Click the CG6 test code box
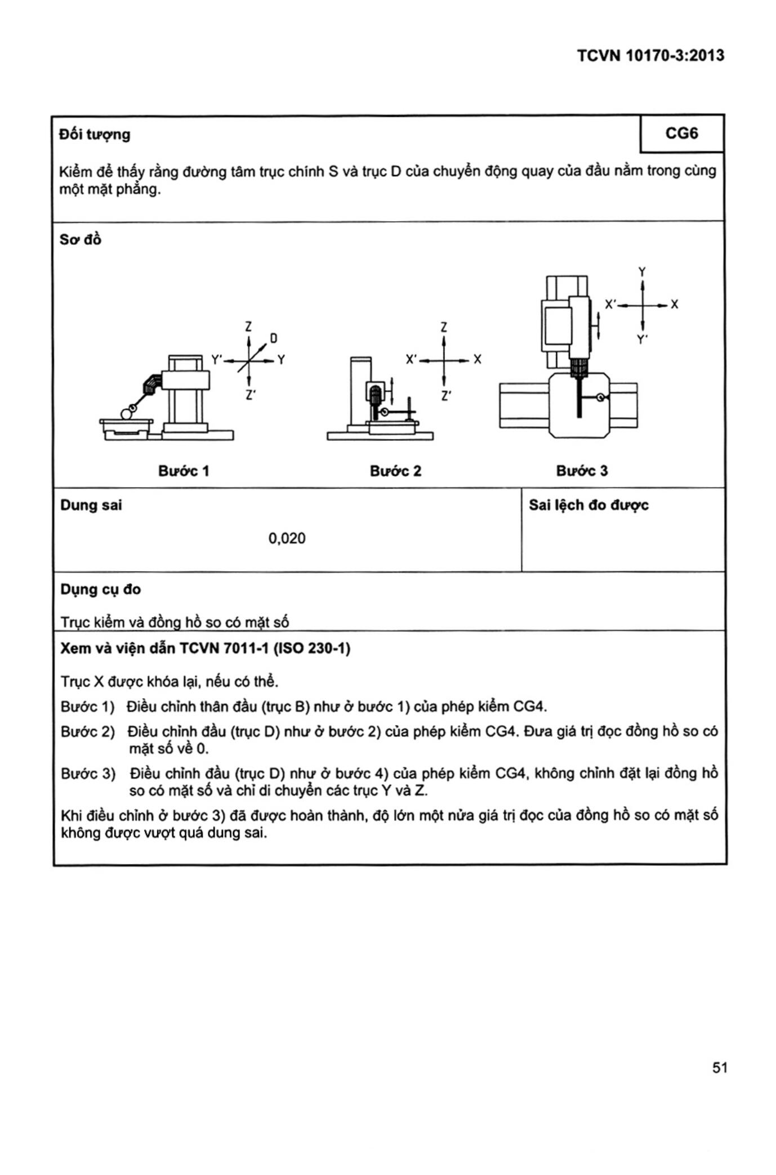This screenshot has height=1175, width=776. tap(681, 133)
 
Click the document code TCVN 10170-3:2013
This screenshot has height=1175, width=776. tap(650, 55)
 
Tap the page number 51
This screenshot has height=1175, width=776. tap(720, 1067)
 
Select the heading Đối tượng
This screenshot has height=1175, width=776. tap(95, 135)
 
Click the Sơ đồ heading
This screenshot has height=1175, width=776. tap(81, 240)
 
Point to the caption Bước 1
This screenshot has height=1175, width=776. tap(184, 471)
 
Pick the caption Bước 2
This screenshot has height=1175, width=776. tap(395, 471)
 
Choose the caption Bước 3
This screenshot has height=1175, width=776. tap(582, 471)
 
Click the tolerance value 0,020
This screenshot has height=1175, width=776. tap(287, 538)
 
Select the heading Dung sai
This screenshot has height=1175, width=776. tap(91, 505)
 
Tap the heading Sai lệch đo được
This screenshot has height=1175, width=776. tap(588, 505)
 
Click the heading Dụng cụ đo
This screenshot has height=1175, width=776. tap(101, 589)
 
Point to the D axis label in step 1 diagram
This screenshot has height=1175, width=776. tap(274, 338)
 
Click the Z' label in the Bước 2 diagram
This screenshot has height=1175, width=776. tap(445, 396)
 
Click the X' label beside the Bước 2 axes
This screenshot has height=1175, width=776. tap(411, 359)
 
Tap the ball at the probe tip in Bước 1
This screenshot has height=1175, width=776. tap(126, 414)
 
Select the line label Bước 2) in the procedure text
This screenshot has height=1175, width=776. tap(88, 732)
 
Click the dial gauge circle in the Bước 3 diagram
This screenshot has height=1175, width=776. tap(601, 397)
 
